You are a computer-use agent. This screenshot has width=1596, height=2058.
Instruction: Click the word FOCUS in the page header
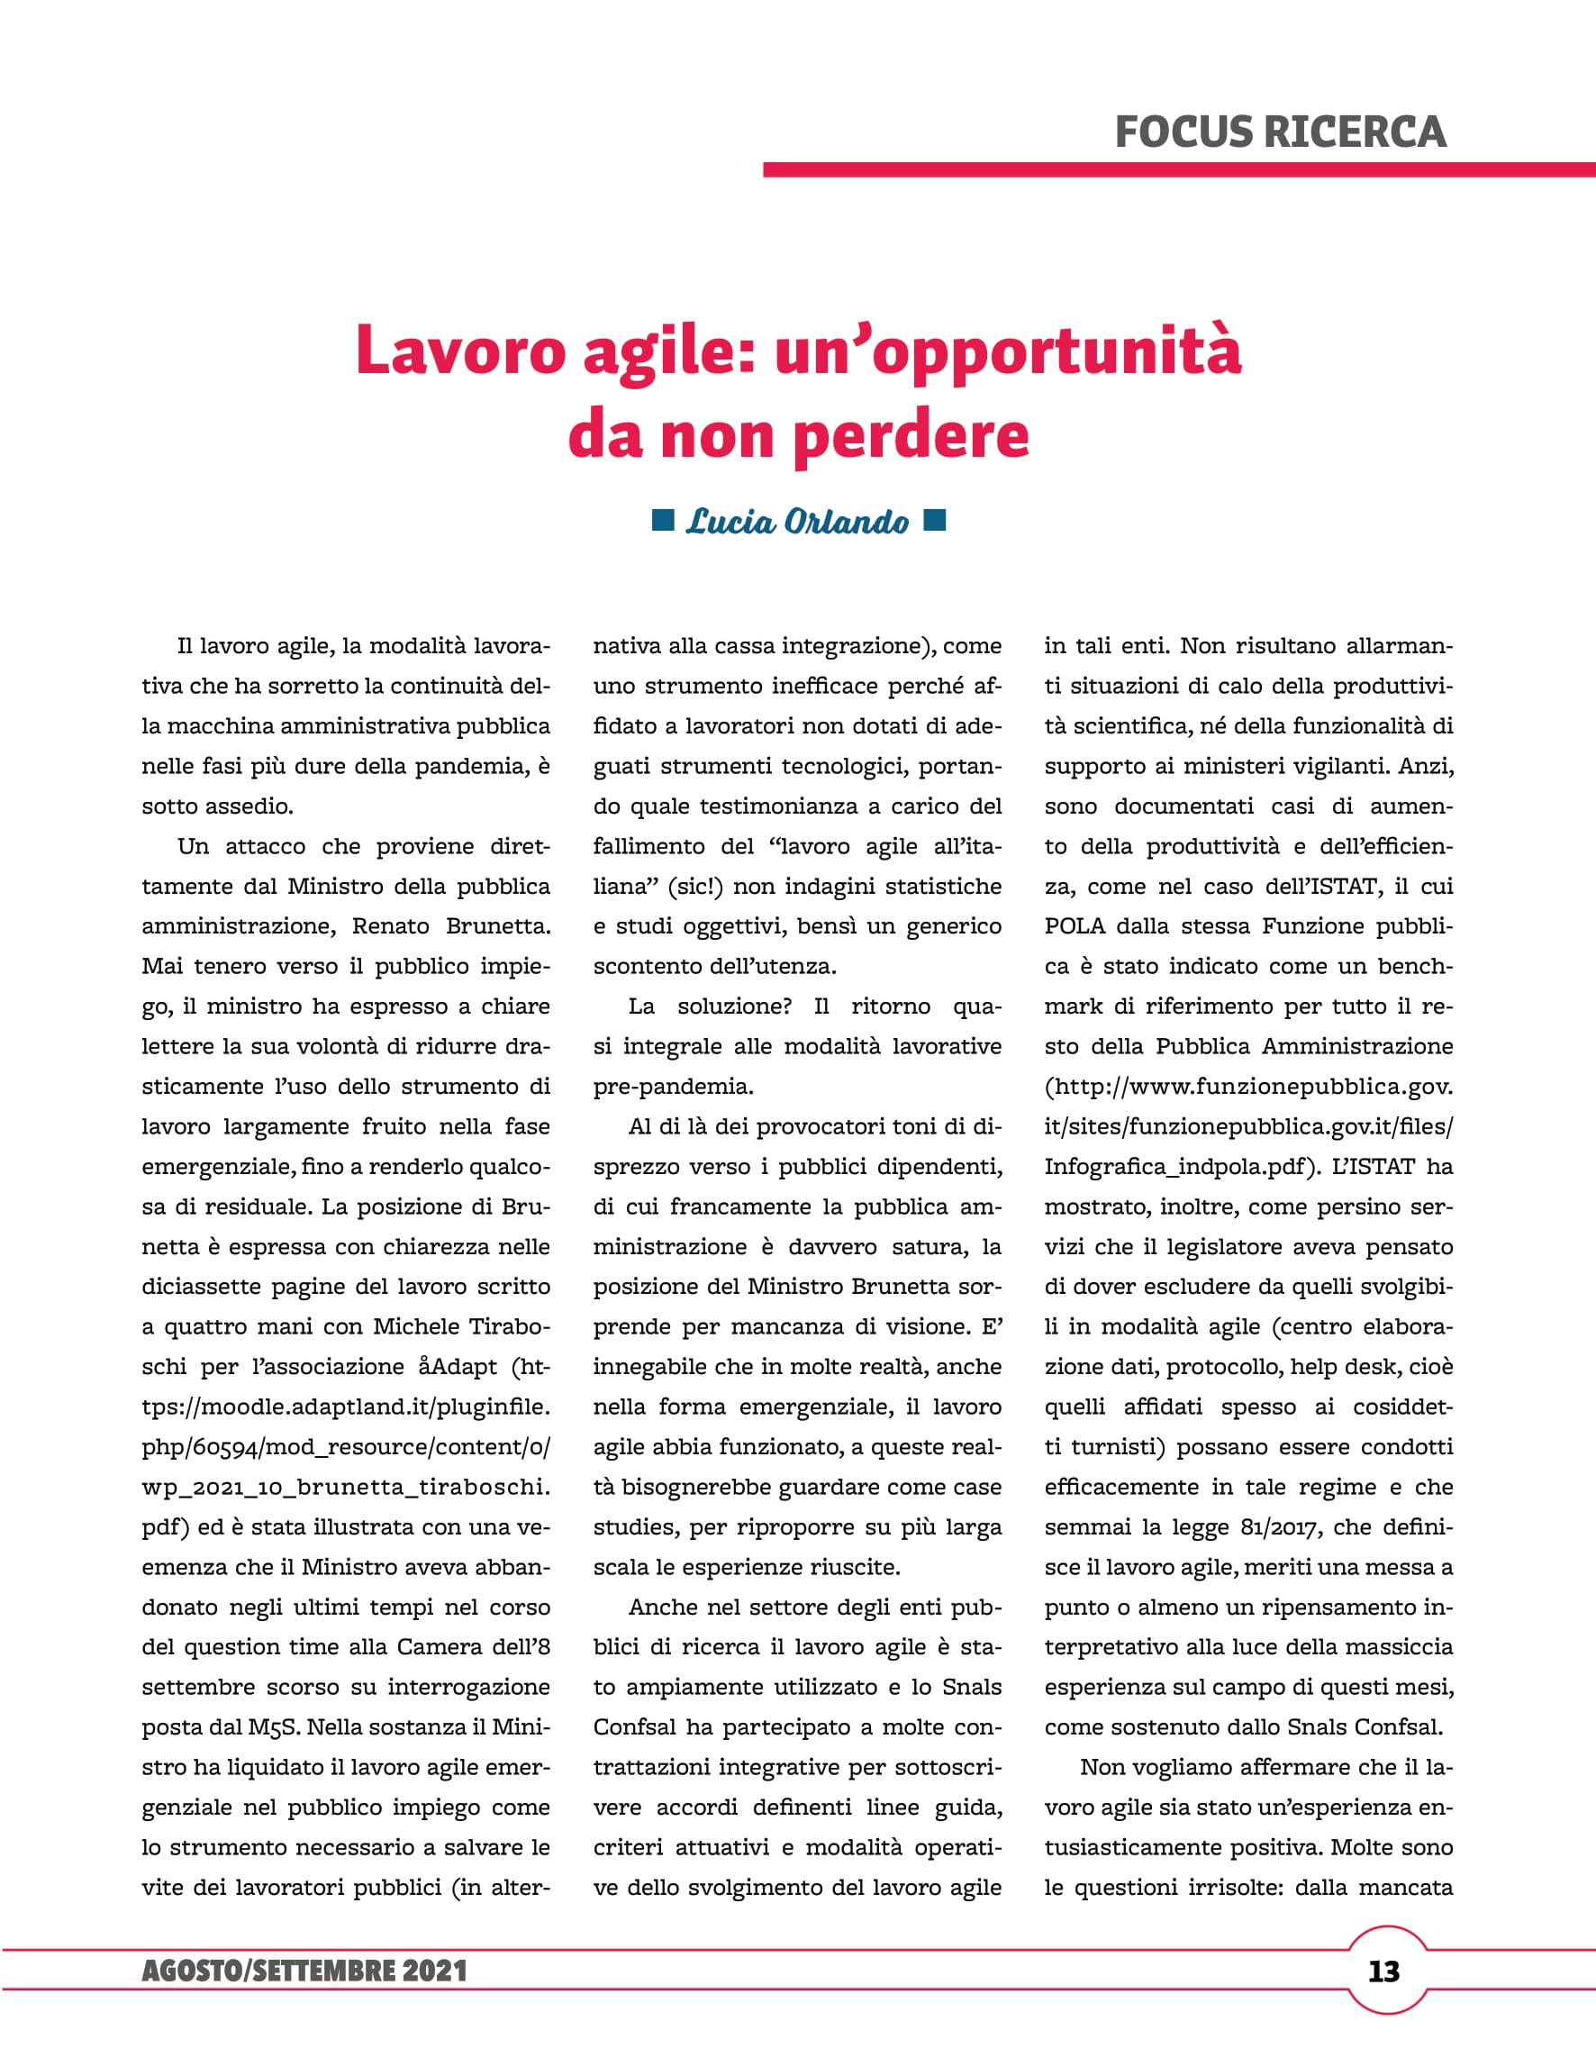coord(1183,132)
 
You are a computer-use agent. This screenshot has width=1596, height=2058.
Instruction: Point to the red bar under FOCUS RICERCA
coord(1178,169)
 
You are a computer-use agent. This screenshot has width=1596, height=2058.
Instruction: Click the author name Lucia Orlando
coord(797,522)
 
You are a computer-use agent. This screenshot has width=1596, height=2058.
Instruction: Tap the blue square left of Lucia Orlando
coord(663,520)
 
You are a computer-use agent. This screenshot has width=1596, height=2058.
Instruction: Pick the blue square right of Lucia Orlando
coord(935,520)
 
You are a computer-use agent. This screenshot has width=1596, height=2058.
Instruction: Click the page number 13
coord(1384,1971)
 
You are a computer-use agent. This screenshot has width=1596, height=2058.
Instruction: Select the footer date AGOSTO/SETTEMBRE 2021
coord(304,1971)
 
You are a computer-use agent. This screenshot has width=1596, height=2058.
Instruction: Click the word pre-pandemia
coord(673,1087)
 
